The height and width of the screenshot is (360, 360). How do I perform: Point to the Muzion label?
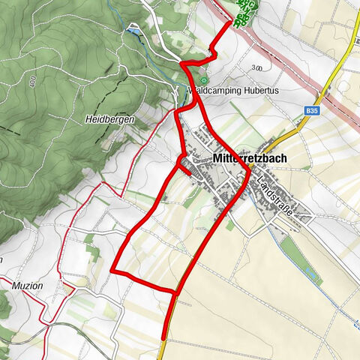pos(27,286)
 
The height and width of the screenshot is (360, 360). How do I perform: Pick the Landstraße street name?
pos(273,193)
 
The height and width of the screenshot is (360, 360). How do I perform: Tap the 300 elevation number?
pos(257,67)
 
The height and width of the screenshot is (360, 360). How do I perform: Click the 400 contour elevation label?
pos(33,79)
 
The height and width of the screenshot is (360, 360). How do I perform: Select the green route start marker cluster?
pos(244,13)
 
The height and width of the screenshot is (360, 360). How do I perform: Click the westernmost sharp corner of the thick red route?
pos(112,270)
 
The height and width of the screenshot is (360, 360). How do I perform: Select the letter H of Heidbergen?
pos(88,118)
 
